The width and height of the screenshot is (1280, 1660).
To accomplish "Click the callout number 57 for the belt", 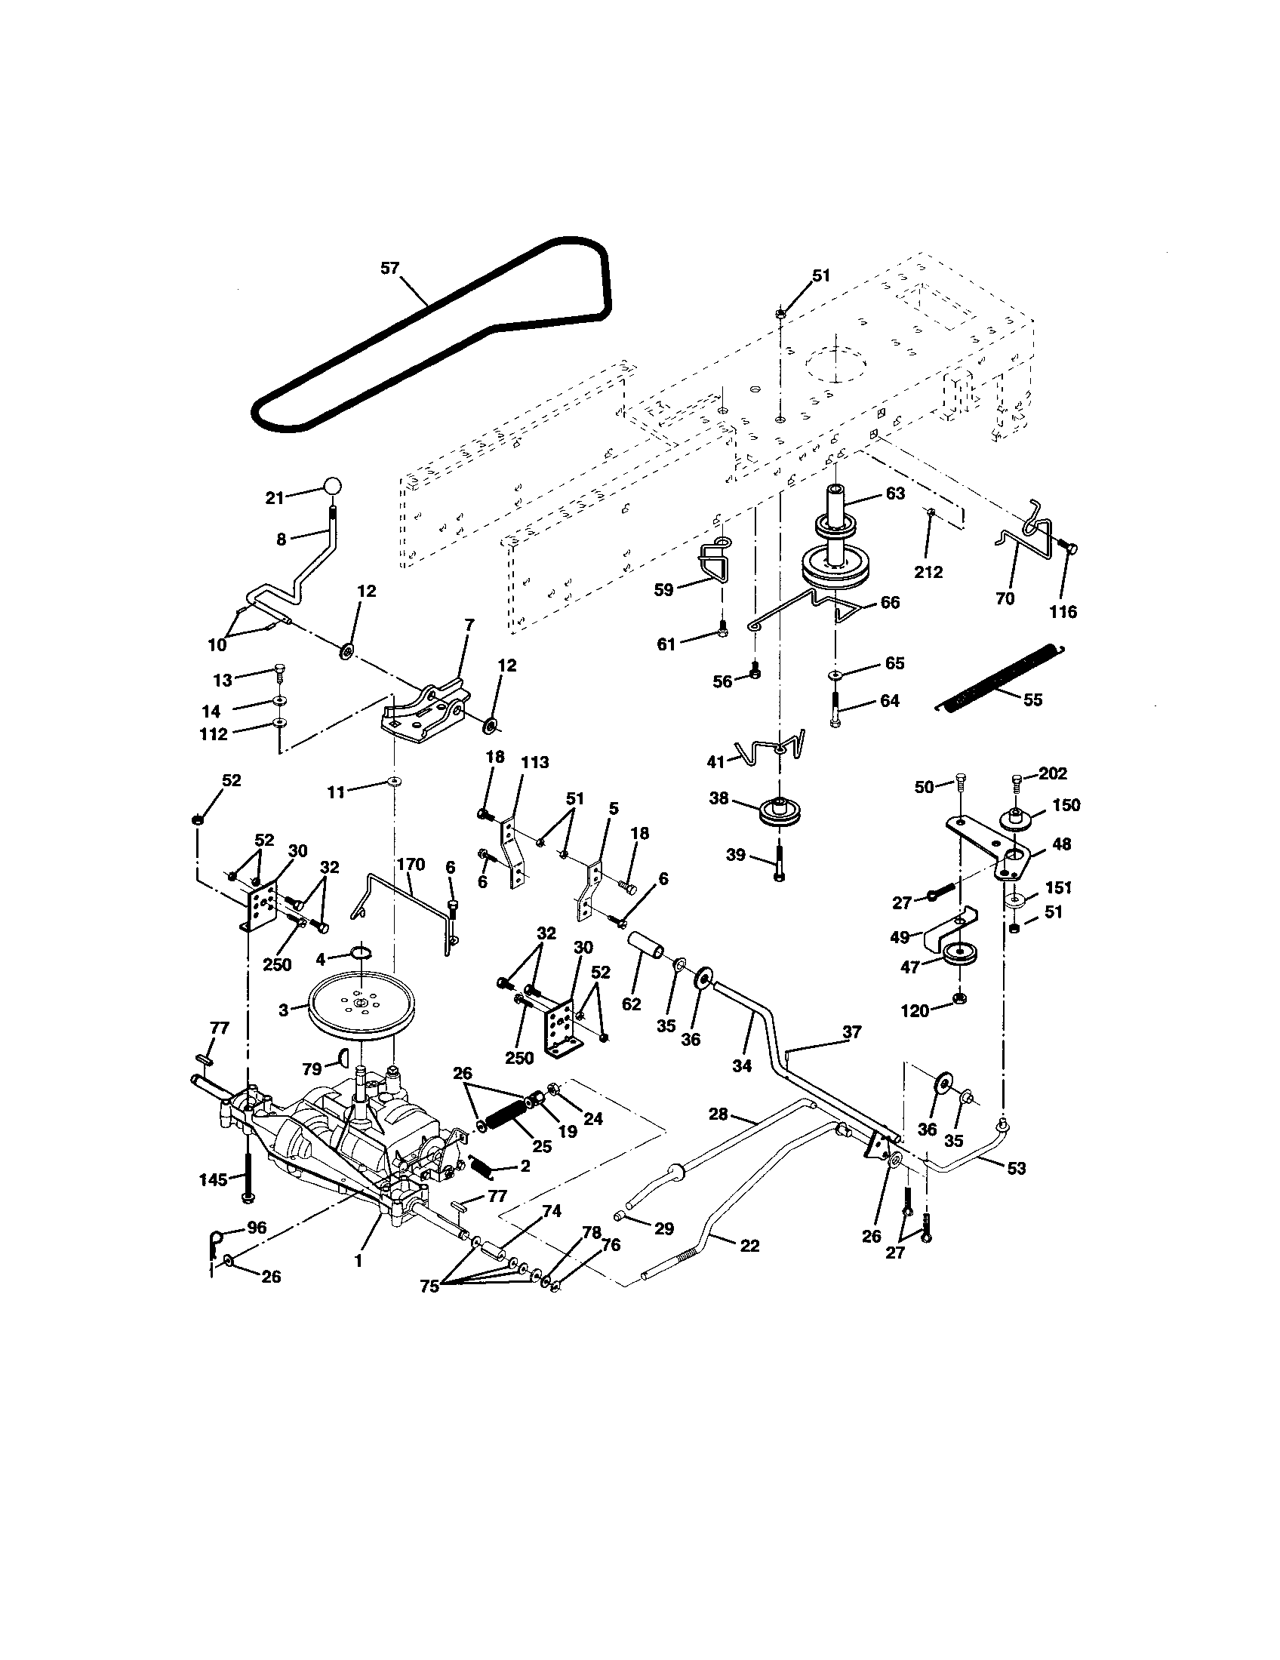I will click(x=389, y=269).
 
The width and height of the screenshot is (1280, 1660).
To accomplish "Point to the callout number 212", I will click(x=928, y=573).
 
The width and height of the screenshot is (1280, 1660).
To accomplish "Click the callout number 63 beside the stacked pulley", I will click(x=895, y=493).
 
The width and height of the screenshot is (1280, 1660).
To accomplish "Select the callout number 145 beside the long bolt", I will click(x=214, y=1179).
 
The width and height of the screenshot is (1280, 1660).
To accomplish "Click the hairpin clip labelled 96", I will click(x=215, y=1242).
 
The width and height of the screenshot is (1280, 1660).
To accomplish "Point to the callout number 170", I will click(x=411, y=864).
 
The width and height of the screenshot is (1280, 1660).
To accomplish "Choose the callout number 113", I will click(x=534, y=762).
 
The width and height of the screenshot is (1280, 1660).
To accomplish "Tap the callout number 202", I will click(x=1052, y=773).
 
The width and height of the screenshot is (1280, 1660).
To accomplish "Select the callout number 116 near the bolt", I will click(x=1063, y=611).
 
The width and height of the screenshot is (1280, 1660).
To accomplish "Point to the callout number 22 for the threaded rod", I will click(x=749, y=1246).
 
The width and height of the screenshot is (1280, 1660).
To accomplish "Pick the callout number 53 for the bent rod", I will click(x=1017, y=1168).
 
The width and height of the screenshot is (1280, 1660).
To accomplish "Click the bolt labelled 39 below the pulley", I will click(x=779, y=862).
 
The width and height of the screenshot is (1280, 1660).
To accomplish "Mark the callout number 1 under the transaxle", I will click(x=358, y=1261).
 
